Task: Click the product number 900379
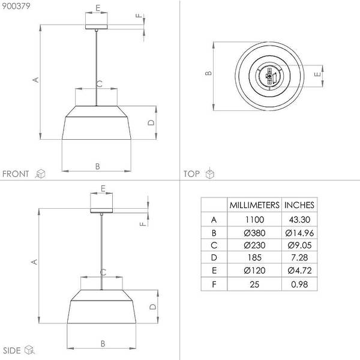click(16, 6)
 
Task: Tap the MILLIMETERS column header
click(254, 205)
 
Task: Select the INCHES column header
click(299, 205)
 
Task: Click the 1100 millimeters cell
click(254, 220)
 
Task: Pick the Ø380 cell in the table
click(254, 233)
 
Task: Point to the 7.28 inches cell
click(299, 257)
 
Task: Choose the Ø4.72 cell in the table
click(299, 271)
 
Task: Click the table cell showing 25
click(254, 284)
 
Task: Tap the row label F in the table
click(214, 284)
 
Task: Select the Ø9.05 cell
click(299, 245)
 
